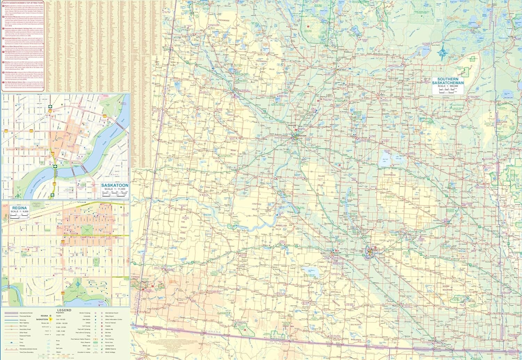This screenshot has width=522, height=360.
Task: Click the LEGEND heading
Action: tap(64, 310)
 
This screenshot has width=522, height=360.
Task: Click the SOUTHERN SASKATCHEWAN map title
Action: tap(448, 81)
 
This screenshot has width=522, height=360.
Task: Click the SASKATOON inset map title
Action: tap(115, 185)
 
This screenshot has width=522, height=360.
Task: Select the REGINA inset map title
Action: tap(19, 208)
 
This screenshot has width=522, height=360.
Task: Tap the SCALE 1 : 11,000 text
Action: tap(115, 189)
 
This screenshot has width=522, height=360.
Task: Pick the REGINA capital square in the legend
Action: tap(50, 316)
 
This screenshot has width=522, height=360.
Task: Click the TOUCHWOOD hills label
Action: tap(389, 175)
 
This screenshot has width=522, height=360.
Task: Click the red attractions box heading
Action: tap(23, 3)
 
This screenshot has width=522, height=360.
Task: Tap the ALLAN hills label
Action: tap(321, 176)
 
